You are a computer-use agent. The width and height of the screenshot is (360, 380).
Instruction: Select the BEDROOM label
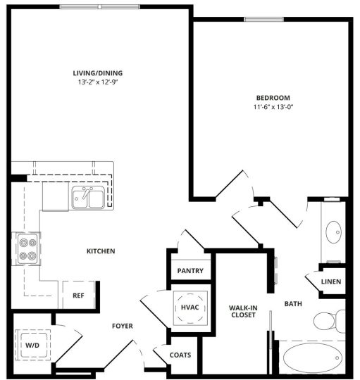coord(273,97)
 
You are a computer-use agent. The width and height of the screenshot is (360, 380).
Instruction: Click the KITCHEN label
coord(101,251)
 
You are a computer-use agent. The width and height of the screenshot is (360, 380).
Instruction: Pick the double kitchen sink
coord(89,198)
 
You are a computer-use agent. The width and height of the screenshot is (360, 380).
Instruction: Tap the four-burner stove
coord(28,248)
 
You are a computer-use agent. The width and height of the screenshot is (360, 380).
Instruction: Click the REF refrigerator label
coord(78,296)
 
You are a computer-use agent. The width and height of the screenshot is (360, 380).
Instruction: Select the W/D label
coord(32,346)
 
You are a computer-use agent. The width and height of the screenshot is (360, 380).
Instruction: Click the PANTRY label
coord(190,271)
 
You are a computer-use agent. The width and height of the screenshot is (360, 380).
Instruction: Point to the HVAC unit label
coord(190,307)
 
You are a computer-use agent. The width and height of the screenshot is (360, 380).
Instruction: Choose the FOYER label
coord(123,325)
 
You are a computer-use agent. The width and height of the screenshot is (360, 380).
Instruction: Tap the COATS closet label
coord(181,355)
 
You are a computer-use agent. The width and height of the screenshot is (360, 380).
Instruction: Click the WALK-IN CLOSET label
coord(242,311)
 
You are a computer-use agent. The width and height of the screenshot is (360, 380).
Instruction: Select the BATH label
coord(293,304)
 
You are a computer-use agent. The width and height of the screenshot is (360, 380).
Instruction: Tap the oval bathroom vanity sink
coord(333,231)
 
